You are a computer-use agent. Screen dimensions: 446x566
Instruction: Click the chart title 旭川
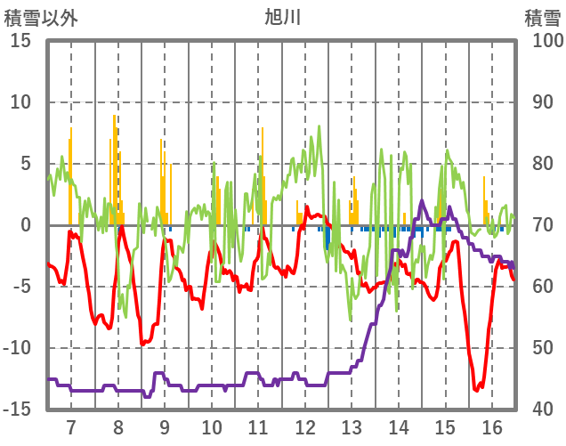[283, 17]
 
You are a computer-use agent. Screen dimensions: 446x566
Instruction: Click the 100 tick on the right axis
[544, 41]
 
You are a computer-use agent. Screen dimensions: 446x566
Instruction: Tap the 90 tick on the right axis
[539, 102]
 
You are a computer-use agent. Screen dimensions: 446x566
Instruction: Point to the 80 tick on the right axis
[539, 164]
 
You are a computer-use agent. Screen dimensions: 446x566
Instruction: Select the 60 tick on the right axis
[539, 287]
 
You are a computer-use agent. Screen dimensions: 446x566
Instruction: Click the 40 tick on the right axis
[539, 410]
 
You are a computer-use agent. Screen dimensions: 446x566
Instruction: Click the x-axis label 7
[70, 426]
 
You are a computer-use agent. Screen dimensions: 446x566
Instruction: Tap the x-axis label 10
[212, 426]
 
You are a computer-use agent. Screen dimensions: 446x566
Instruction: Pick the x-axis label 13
[352, 426]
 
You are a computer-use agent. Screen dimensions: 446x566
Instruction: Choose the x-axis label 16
[493, 426]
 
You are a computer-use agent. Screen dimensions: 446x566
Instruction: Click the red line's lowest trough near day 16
[477, 389]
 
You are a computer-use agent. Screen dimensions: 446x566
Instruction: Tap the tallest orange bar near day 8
[114, 117]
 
